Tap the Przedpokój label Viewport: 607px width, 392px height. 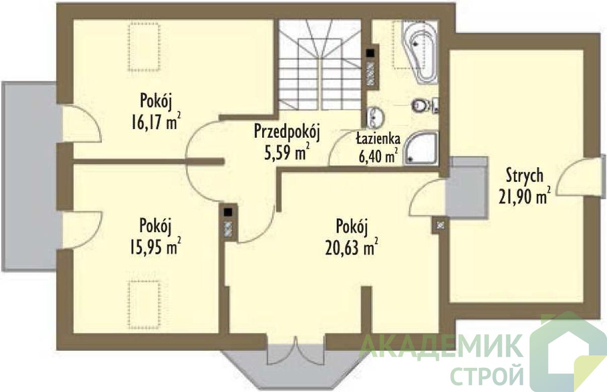(x=287, y=133)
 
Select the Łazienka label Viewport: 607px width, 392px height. (x=378, y=139)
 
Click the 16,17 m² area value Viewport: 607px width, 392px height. (x=156, y=121)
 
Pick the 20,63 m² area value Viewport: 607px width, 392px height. (x=351, y=246)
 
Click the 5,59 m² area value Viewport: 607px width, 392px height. (x=286, y=152)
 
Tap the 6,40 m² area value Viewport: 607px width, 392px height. (x=378, y=156)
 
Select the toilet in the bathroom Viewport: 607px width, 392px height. (x=424, y=105)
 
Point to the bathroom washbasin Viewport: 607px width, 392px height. (x=375, y=117)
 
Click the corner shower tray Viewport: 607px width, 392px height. (x=420, y=147)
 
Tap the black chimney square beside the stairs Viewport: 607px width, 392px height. (x=370, y=53)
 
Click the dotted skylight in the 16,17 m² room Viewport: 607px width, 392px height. (x=144, y=47)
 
